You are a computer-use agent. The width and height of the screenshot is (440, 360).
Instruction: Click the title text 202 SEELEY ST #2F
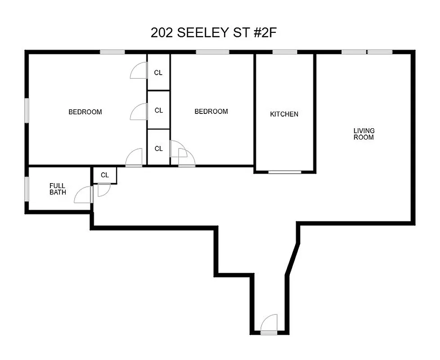[x=216, y=33]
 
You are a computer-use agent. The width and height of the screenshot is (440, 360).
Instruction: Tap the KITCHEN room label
[x=284, y=114]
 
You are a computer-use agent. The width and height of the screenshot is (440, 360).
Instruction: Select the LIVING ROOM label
[x=364, y=134]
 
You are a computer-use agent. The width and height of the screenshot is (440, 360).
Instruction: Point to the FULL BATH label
[x=58, y=189]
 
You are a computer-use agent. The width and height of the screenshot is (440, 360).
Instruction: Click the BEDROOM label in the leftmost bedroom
[x=85, y=112]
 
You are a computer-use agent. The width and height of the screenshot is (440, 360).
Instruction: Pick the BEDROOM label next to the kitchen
[x=211, y=112]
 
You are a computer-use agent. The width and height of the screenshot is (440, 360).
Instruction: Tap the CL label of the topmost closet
[x=158, y=72]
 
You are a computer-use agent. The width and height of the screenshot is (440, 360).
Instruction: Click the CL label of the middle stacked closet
[x=158, y=110]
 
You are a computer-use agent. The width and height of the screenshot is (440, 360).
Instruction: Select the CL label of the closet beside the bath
[x=105, y=175]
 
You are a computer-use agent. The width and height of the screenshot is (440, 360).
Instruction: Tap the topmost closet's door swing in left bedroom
[x=139, y=71]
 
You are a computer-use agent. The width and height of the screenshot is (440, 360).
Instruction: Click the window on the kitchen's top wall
[x=285, y=52]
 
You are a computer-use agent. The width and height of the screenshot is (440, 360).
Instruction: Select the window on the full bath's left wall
[x=27, y=189]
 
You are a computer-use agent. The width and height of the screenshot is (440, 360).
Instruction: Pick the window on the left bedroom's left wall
[x=27, y=110]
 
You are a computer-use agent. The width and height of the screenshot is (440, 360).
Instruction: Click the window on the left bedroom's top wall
[x=112, y=52]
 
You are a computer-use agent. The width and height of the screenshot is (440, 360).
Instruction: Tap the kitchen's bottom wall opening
[x=285, y=172]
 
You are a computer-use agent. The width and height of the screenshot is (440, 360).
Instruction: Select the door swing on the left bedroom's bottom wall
[x=135, y=158]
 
